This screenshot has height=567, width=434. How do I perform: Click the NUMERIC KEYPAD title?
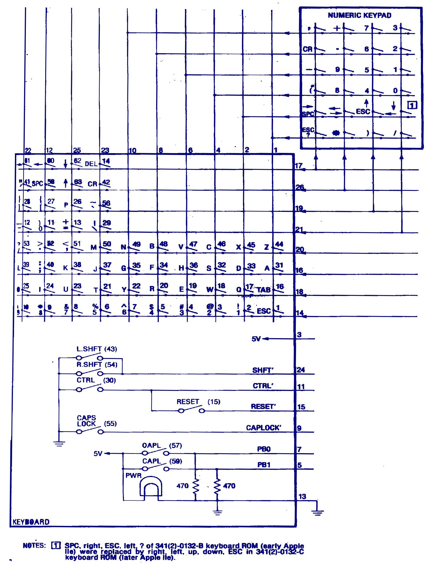coord(359,15)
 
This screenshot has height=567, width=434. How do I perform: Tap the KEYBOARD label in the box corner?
coord(31,522)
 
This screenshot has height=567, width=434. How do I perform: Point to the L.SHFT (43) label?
coord(97,349)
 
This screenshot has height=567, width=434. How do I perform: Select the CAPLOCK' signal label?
coord(263,427)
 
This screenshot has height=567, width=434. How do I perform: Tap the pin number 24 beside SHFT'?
coord(301,370)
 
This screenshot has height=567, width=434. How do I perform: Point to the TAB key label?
coord(263,290)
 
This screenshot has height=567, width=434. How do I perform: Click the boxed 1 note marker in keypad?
coord(412,105)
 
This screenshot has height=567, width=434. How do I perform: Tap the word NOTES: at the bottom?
coord(34,546)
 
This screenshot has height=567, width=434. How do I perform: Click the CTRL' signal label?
coord(263,386)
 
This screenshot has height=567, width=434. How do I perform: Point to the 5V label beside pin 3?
coord(256,339)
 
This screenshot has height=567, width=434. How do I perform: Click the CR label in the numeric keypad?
coord(307,49)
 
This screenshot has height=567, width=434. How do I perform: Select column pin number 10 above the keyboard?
coord(132,150)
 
